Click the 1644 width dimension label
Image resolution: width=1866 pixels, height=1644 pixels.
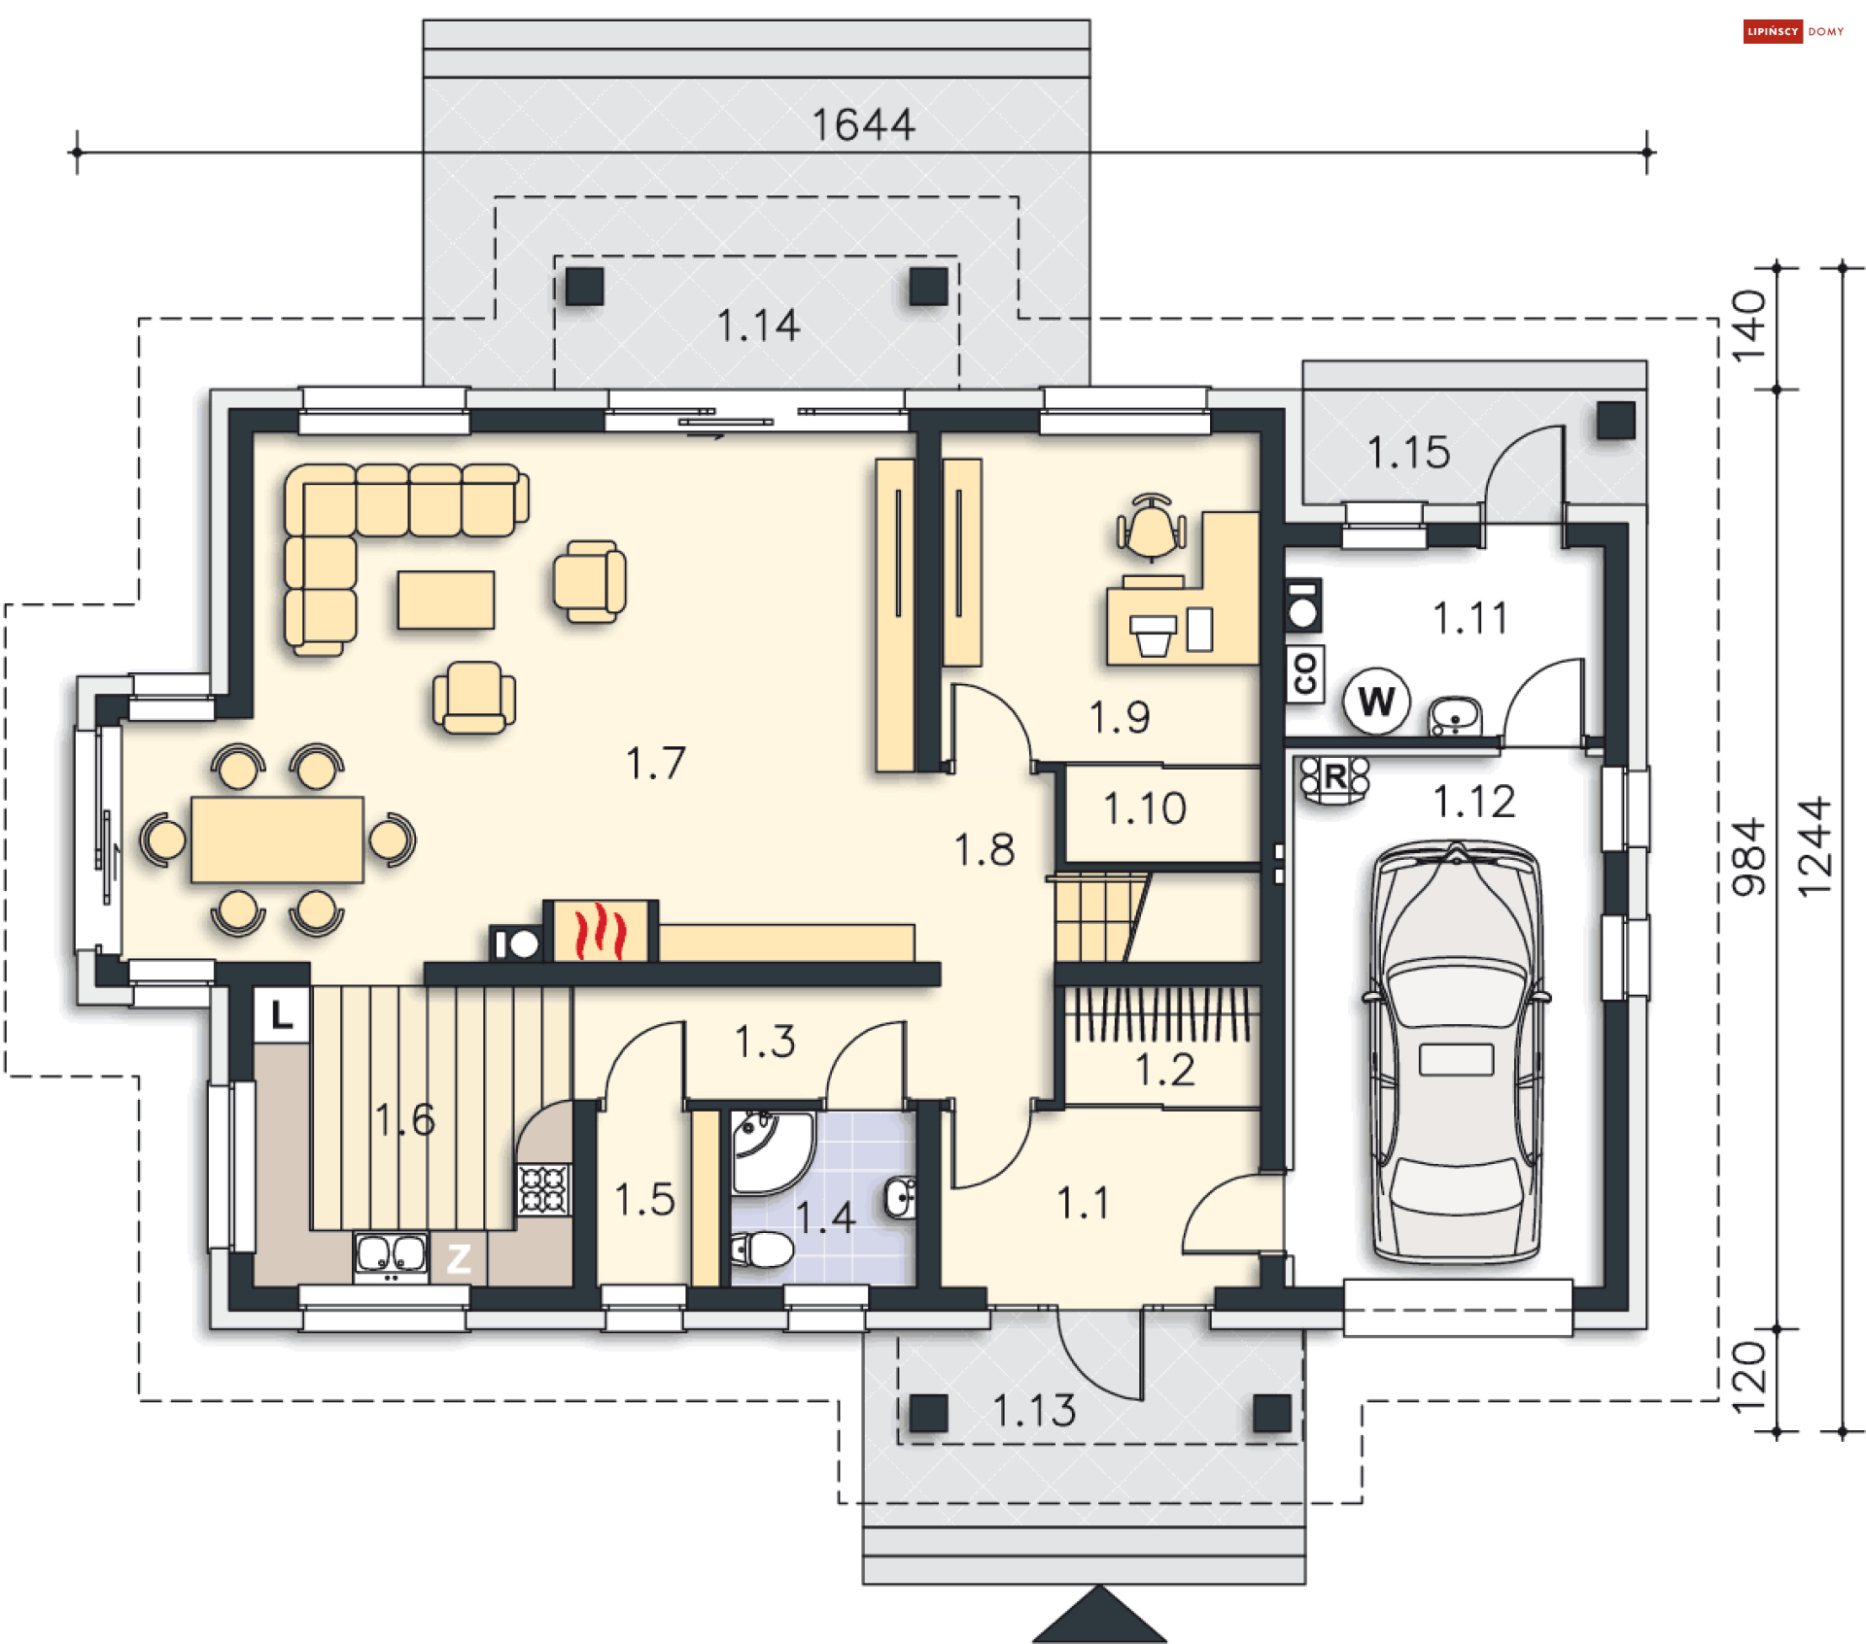863,125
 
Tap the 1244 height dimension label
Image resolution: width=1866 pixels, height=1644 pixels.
1814,847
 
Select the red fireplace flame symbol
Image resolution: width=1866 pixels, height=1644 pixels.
600,931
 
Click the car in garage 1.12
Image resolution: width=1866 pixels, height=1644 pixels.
1455,1054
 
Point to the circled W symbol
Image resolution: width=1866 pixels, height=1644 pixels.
1376,701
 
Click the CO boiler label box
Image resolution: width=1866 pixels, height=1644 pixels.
1304,672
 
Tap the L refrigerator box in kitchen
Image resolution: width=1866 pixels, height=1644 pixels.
282,1015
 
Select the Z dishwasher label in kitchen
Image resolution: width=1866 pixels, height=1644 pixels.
459,1259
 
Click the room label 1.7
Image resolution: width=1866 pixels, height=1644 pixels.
655,764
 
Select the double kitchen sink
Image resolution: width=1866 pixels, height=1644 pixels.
391,1254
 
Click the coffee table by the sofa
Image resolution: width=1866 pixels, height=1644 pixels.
446,599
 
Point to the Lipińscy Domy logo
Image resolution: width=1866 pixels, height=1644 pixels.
1792,31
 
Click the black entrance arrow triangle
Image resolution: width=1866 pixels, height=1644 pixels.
1099,1617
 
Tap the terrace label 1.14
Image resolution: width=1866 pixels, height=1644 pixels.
758,325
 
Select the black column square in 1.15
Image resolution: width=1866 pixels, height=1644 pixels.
1616,421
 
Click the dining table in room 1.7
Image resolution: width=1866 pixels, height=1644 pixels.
277,839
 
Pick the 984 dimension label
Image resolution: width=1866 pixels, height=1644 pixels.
1747,857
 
